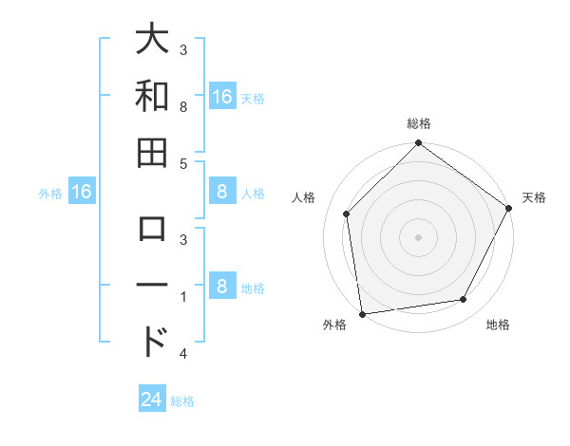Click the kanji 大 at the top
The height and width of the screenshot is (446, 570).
[152, 42]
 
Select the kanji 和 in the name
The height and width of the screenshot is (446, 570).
[152, 97]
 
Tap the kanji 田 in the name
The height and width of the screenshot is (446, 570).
[152, 152]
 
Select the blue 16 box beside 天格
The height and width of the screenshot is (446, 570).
[221, 97]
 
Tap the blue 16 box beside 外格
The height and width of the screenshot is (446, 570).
[82, 193]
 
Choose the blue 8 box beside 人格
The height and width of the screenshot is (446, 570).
[221, 193]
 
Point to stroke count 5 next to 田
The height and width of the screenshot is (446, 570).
[183, 164]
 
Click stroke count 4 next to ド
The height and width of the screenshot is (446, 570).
[183, 354]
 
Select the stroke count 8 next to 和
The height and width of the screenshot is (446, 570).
[183, 108]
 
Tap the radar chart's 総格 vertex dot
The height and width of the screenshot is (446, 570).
[418, 144]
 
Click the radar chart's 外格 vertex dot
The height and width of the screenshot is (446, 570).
[362, 314]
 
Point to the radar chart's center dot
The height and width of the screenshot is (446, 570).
[418, 236]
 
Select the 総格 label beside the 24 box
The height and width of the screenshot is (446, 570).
[182, 401]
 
